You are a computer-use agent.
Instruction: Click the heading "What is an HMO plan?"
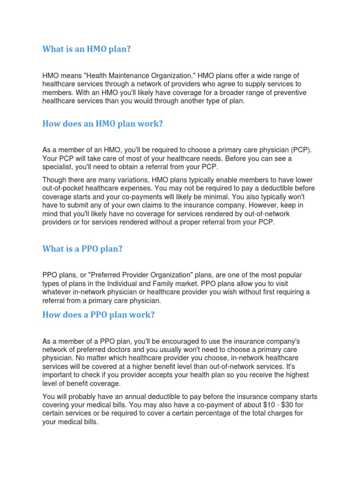pos(86,49)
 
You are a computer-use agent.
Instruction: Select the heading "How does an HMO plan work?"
pos(102,124)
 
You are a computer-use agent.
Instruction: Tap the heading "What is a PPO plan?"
pos(82,248)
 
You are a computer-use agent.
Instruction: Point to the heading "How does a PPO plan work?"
pos(98,315)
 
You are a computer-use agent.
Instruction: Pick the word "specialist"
pos(58,167)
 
